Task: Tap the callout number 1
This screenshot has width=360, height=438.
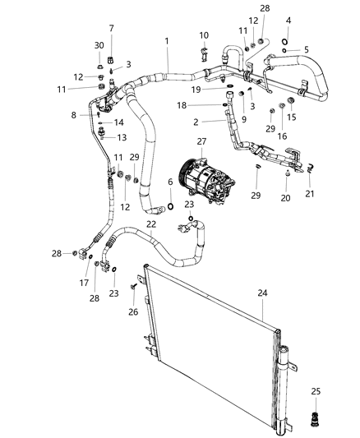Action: [167, 41]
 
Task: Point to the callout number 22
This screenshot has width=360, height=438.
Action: [150, 224]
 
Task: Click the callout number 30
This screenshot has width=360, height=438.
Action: [99, 45]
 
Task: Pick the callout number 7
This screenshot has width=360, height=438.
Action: [112, 28]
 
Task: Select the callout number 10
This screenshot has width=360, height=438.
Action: [204, 35]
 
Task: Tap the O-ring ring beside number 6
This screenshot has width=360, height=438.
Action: [170, 205]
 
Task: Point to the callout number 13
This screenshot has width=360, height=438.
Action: [121, 137]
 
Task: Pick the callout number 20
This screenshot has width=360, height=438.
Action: [285, 198]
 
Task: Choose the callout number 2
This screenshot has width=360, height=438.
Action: [196, 122]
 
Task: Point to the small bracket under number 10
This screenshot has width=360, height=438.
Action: [204, 55]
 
